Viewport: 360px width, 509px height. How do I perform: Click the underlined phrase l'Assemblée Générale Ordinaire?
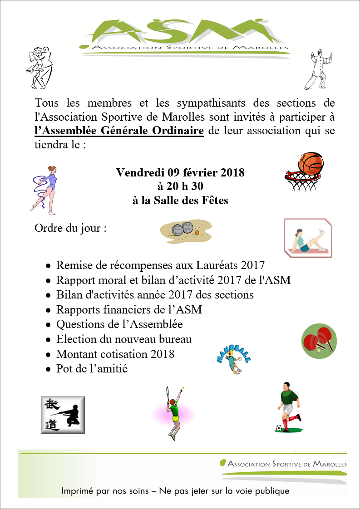[x=119, y=131]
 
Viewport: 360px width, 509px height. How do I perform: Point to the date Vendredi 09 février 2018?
[x=180, y=172]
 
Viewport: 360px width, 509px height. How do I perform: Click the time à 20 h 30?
[x=180, y=186]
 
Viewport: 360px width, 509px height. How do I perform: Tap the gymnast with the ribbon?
[x=44, y=187]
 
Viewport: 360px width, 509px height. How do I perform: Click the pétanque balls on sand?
[x=187, y=230]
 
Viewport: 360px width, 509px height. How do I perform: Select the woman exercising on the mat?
[x=308, y=238]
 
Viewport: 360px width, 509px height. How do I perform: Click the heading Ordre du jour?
[x=70, y=227]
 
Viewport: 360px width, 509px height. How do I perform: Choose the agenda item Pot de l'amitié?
[x=92, y=369]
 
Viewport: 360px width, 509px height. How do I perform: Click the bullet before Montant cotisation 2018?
[x=49, y=355]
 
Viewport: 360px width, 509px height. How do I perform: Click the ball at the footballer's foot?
[x=278, y=428]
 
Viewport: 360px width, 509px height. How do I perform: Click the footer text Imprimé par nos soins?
[x=107, y=491]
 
